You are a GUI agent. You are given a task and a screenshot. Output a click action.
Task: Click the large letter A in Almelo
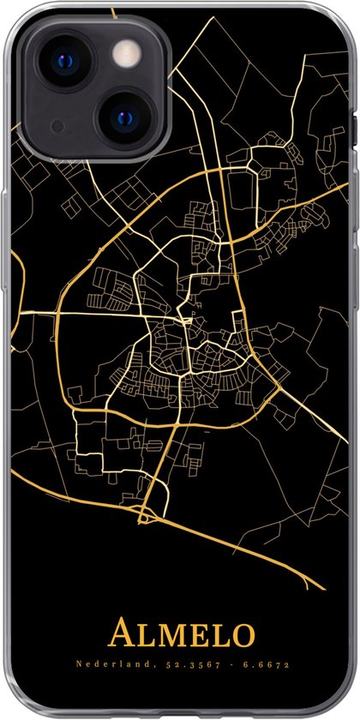click(120, 637)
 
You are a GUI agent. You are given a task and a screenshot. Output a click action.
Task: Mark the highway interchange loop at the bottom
click(147, 490)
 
